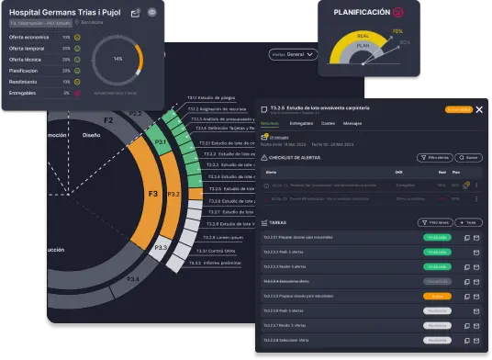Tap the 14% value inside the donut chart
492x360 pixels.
(117, 58)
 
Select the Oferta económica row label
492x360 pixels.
(29, 38)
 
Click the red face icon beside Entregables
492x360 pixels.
(78, 93)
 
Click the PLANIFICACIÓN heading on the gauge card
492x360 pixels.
(363, 12)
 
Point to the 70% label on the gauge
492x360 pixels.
(397, 31)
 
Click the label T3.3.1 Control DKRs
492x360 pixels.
(217, 249)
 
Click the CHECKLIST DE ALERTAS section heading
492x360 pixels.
(297, 157)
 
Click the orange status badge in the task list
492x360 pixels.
(436, 297)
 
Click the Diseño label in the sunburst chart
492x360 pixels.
(91, 133)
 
